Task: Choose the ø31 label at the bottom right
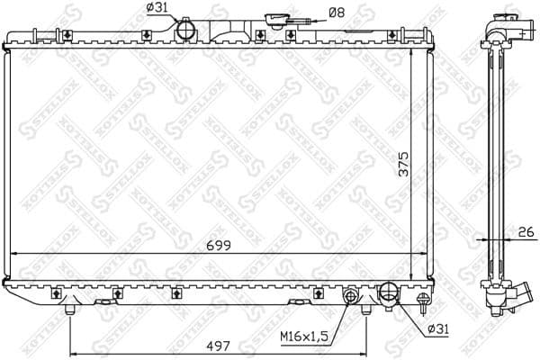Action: (x=436, y=329)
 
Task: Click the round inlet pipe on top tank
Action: (x=186, y=31)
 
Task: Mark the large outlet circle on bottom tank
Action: (x=390, y=292)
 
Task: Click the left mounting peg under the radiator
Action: (x=70, y=310)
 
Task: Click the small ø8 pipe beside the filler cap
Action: (x=307, y=24)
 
